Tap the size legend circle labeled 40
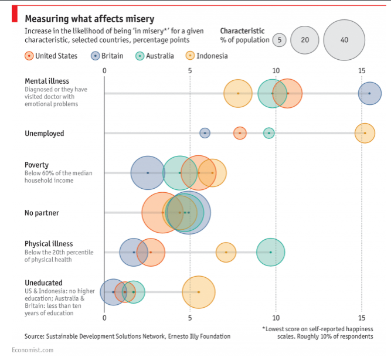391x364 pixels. point(344,40)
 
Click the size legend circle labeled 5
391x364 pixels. point(280,40)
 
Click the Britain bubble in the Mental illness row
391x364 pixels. point(369,93)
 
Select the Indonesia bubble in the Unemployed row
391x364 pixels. point(365,133)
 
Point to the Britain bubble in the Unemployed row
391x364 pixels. point(205,133)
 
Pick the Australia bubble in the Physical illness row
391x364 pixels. point(270,252)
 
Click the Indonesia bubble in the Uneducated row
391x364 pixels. point(199,291)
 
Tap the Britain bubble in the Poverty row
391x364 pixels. point(148,173)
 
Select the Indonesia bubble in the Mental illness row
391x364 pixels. point(238,93)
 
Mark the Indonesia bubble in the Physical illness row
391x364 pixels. point(226,252)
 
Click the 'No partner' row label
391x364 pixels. point(42,213)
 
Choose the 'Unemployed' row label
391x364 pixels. point(45,133)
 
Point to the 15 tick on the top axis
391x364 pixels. point(362,70)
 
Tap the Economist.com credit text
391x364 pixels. point(32,350)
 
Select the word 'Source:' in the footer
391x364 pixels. point(36,336)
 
